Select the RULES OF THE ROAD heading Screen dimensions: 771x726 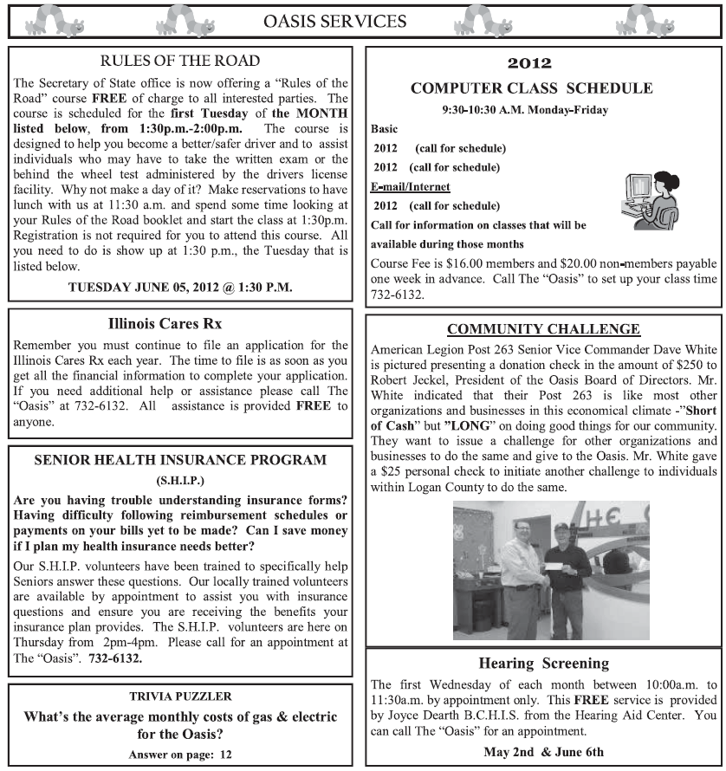point(179,61)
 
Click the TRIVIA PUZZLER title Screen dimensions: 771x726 point(180,696)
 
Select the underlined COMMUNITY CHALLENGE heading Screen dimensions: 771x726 point(543,329)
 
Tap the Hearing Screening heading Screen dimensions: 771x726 point(543,664)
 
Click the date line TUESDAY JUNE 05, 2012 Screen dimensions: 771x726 point(180,287)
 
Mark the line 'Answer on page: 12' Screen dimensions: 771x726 point(180,755)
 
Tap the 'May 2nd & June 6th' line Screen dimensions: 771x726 point(543,751)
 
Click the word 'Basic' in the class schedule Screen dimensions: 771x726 point(384,129)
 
